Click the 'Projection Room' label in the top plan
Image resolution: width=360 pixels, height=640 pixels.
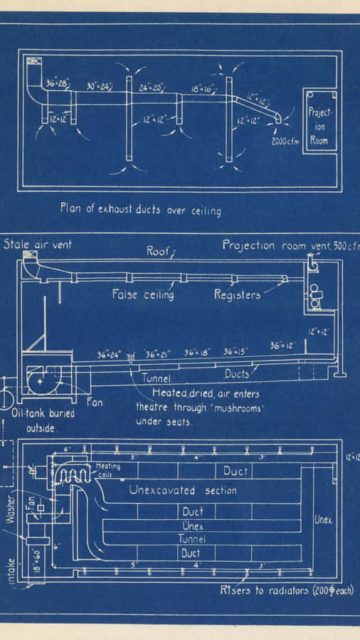coord(319,127)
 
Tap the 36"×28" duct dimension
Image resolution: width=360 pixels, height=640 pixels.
coord(56,82)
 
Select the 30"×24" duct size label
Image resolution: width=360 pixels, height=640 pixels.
coord(99,85)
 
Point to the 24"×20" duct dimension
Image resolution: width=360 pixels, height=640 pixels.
coord(151,87)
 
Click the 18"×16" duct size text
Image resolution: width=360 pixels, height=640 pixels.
coord(203,90)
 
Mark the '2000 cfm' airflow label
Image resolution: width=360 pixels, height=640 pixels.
coord(286,140)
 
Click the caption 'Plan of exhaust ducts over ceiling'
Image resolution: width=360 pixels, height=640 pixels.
coord(140,210)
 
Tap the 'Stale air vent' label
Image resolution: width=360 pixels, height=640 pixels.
coord(38,245)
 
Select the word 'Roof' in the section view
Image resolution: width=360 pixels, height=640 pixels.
coord(159,250)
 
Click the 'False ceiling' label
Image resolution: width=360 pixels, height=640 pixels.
coord(142,294)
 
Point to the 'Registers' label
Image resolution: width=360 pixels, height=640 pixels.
coord(237,294)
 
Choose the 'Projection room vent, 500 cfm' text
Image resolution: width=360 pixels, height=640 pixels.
coord(290,245)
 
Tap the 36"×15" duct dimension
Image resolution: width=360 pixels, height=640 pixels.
coord(238,351)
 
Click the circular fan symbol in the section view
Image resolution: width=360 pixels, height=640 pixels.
coord(41,381)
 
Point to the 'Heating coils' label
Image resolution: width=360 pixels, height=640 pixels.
coord(107,470)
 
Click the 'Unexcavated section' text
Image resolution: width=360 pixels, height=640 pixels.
coord(183,490)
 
